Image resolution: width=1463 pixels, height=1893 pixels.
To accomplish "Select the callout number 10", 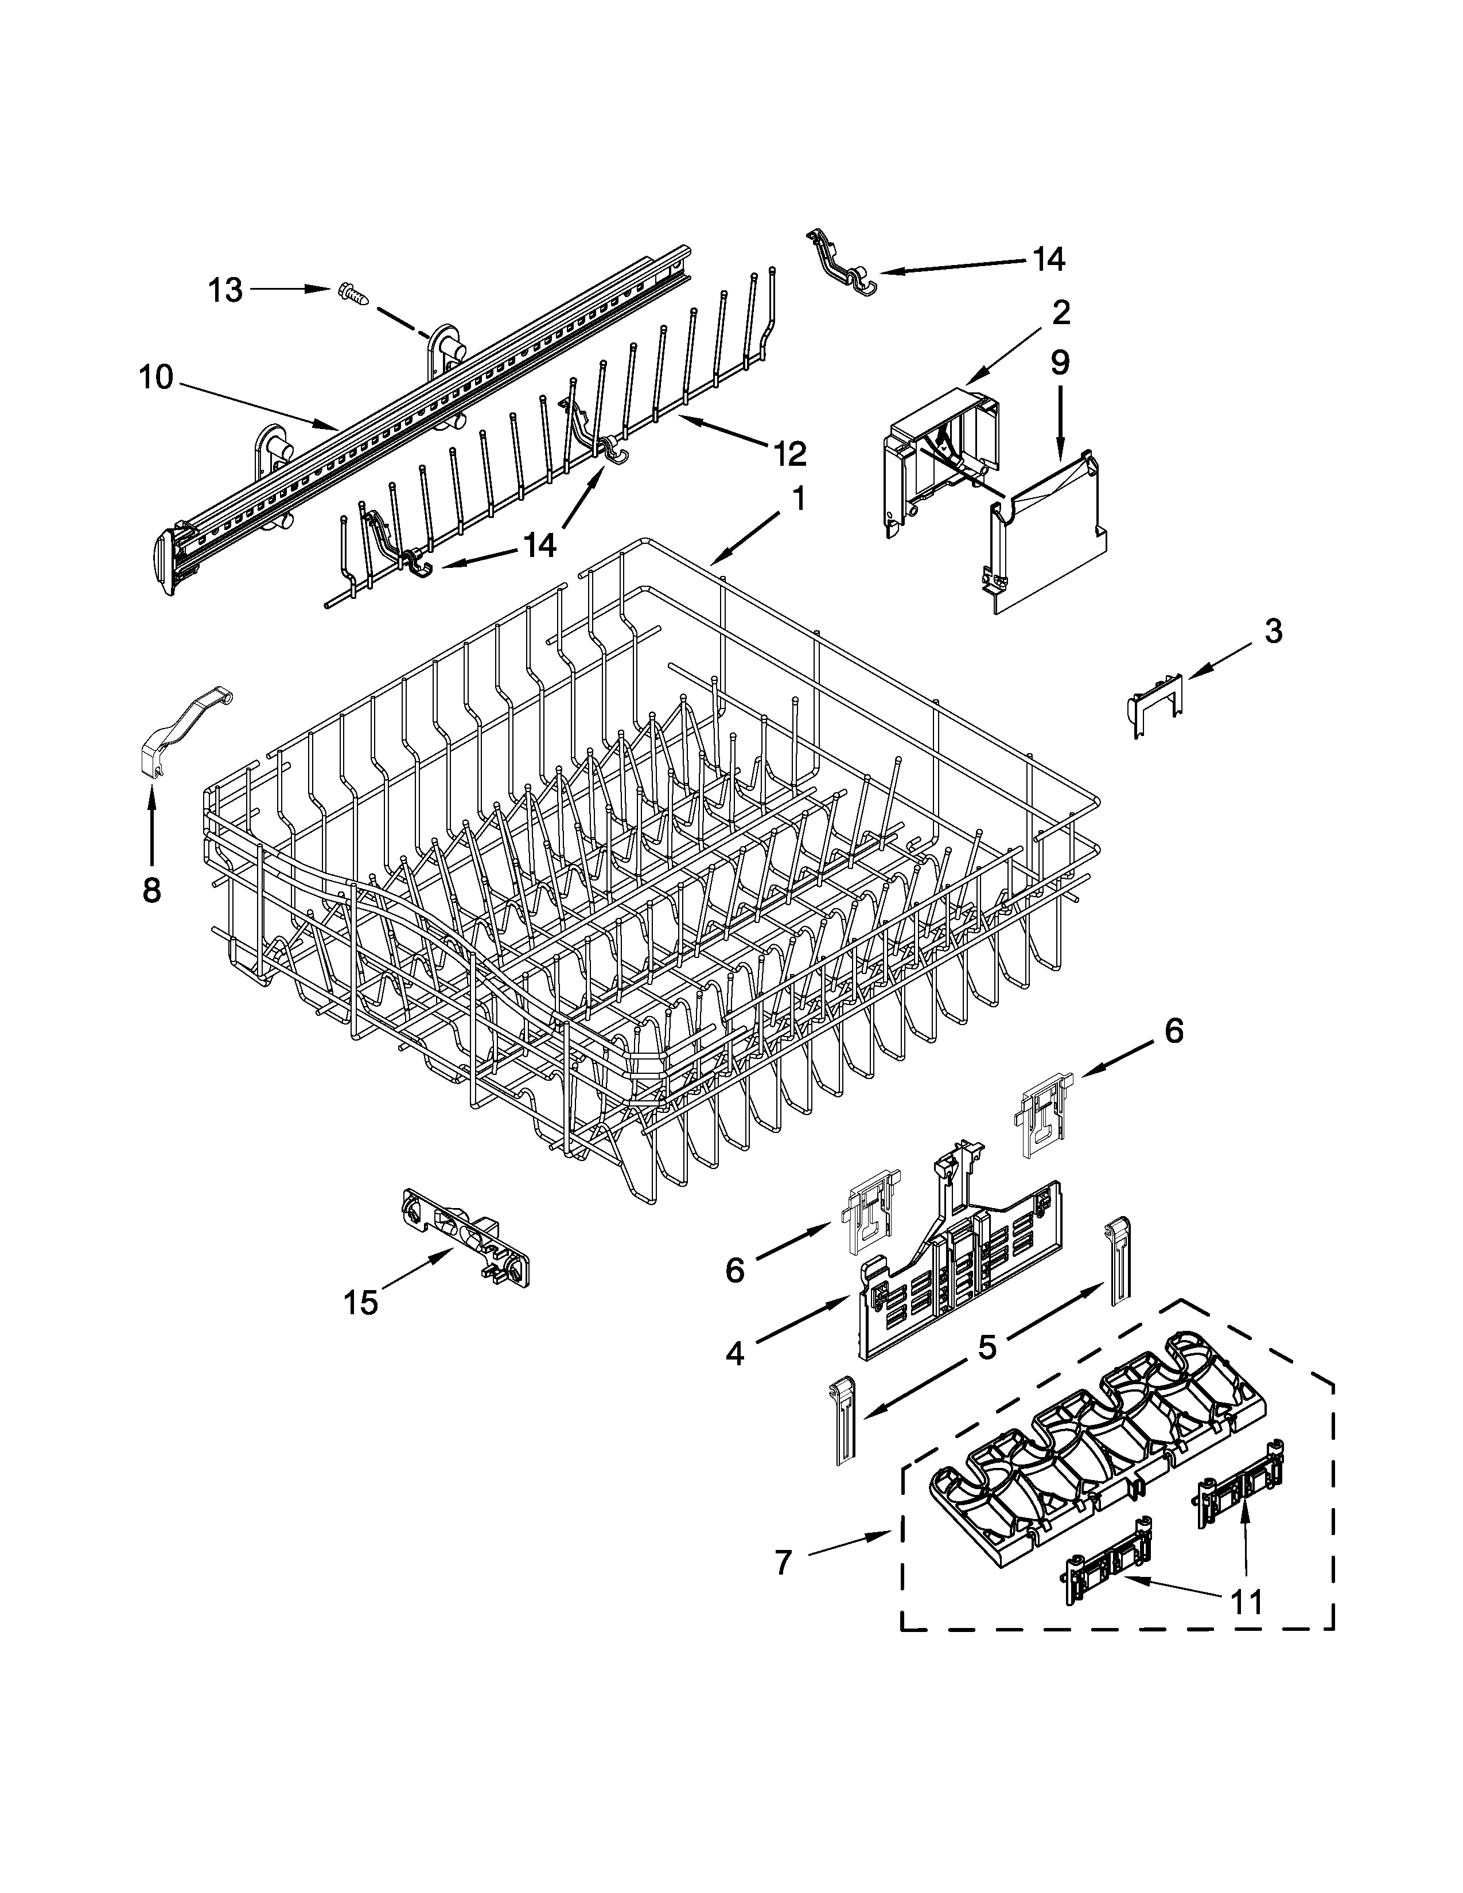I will [x=156, y=378].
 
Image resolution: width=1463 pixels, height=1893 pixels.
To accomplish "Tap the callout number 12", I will [x=789, y=453].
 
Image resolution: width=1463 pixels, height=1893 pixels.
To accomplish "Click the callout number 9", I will [x=1060, y=363].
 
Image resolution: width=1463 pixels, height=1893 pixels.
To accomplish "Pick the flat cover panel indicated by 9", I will [x=1050, y=537].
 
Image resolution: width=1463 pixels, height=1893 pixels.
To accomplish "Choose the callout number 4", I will [x=735, y=1353].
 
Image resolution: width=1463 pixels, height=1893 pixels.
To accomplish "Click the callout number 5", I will [x=987, y=1347].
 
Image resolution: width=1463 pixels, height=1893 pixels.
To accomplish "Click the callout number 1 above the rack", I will [x=798, y=498].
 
